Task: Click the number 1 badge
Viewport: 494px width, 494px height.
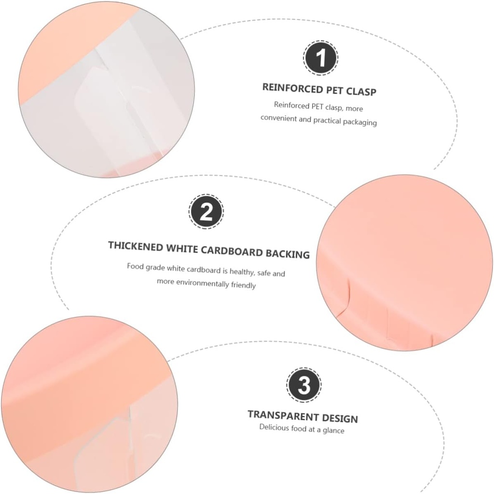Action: point(320,58)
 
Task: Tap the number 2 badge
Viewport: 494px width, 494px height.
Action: point(206,212)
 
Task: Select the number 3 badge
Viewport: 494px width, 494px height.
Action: point(304,385)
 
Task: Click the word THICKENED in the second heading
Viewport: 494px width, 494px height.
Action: point(136,246)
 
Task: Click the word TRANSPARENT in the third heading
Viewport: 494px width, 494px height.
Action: point(277,415)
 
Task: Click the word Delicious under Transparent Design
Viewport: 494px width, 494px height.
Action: point(274,427)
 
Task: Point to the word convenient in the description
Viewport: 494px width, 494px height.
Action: point(279,118)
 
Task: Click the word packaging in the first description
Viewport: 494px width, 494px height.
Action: point(359,122)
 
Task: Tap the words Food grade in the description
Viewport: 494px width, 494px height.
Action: point(146,266)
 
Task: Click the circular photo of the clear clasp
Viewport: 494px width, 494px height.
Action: point(106,89)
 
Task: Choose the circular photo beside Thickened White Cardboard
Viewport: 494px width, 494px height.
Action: point(404,262)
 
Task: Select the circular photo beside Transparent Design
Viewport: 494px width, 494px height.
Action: point(87,404)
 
